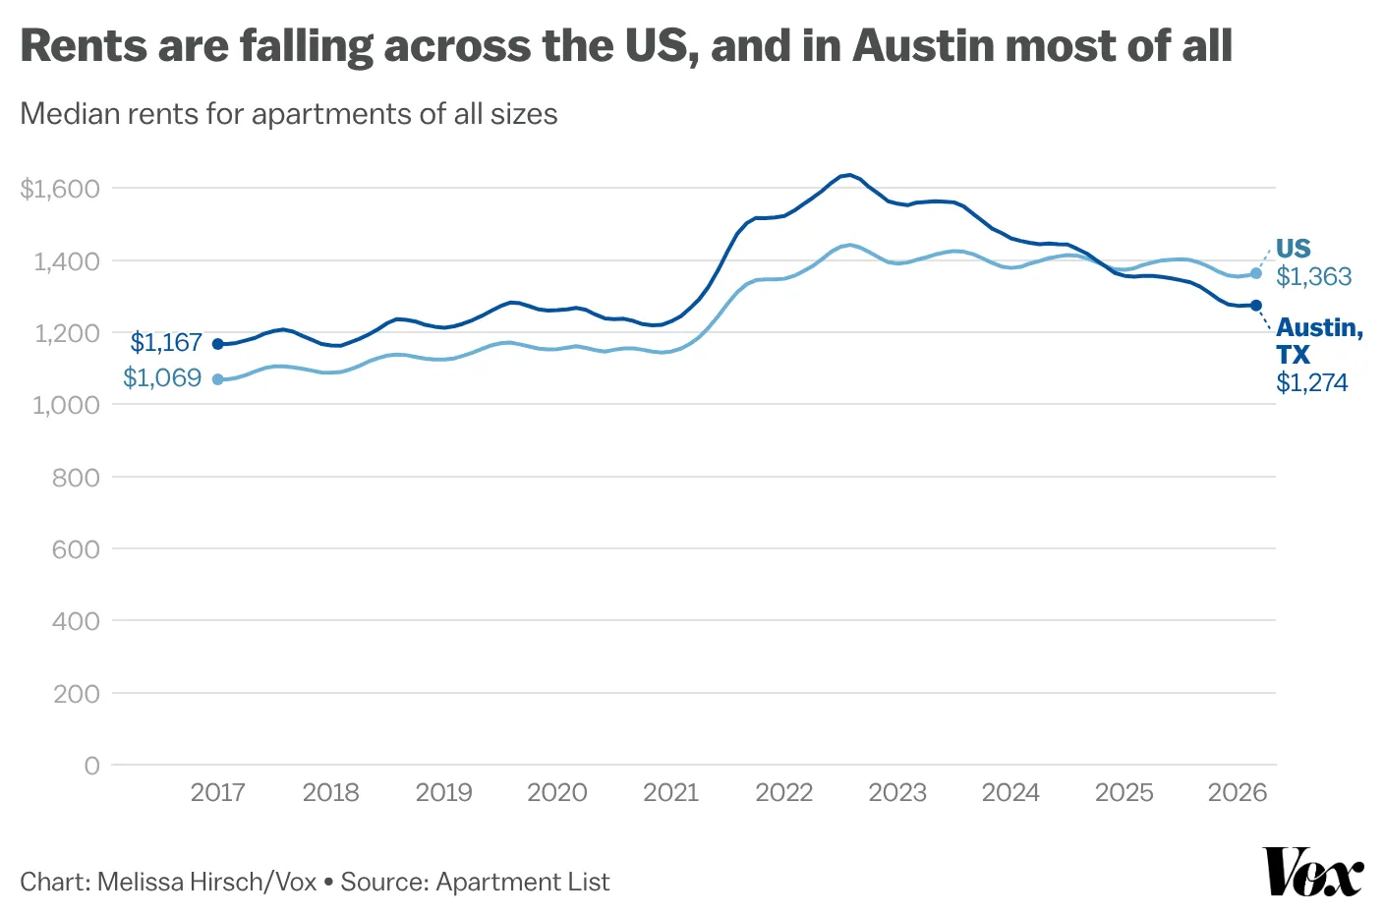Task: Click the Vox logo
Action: point(1313,871)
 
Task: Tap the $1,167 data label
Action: point(166,343)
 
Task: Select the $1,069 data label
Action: point(162,378)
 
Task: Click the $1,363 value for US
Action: point(1313,277)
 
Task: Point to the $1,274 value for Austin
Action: point(1311,383)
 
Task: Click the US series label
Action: point(1293,249)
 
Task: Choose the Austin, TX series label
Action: point(1318,340)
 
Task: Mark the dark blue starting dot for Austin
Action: point(218,344)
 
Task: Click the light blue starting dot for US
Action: point(218,379)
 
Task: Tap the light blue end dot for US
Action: point(1256,273)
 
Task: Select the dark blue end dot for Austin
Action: point(1256,306)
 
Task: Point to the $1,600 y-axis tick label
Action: point(60,189)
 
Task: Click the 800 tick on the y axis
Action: point(76,478)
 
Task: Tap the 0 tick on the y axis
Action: point(91,766)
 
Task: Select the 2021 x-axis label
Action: point(670,792)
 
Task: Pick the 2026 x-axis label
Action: point(1237,792)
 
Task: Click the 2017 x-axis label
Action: point(217,792)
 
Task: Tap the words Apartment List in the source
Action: point(522,882)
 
